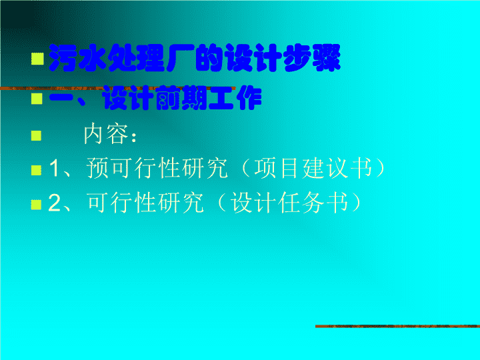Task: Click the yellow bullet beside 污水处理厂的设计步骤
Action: tap(37, 59)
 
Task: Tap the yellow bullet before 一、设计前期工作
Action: tap(37, 99)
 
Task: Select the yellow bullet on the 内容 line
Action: tap(37, 135)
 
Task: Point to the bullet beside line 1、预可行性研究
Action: tap(37, 170)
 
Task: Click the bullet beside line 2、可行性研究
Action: tap(36, 205)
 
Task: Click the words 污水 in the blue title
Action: tap(78, 58)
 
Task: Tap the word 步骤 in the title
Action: tap(311, 58)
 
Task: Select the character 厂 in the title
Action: tap(181, 58)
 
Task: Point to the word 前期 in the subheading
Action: tap(182, 98)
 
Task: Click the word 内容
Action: tap(106, 134)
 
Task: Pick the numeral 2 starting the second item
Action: tap(55, 203)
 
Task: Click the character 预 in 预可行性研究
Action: tap(97, 168)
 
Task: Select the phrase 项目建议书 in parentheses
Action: tap(313, 168)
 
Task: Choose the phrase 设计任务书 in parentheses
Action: tap(289, 203)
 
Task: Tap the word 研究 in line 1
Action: tap(205, 168)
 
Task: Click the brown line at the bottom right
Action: tap(397, 326)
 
